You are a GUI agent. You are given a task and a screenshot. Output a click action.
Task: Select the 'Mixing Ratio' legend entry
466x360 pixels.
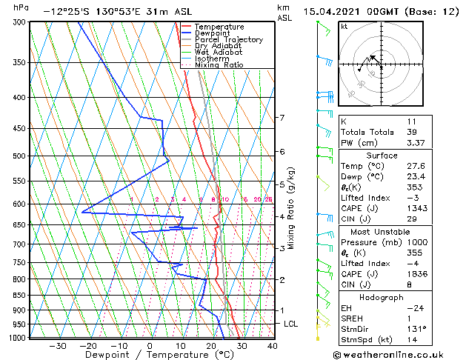click(x=218, y=65)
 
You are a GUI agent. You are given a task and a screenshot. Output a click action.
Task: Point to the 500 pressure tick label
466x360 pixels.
click(x=21, y=156)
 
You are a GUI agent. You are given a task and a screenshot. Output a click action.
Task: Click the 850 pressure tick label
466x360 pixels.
click(x=21, y=296)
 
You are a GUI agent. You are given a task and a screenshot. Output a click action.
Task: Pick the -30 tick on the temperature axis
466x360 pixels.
click(x=57, y=346)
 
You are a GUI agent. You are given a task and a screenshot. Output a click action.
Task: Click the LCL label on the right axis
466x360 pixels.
click(x=290, y=324)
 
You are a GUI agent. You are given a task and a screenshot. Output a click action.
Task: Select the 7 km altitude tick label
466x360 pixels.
click(x=282, y=118)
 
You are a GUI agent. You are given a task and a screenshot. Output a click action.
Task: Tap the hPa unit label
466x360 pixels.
click(x=21, y=7)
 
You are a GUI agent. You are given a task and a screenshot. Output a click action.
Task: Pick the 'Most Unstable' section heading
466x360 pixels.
click(x=397, y=232)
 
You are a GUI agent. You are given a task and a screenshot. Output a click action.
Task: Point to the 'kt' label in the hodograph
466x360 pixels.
click(x=344, y=27)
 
